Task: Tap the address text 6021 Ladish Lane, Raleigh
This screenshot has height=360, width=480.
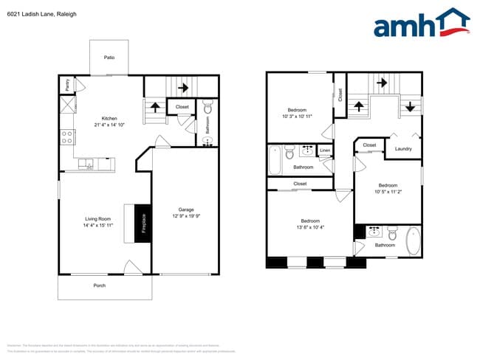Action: pos(41,14)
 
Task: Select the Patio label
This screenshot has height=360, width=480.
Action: pos(109,58)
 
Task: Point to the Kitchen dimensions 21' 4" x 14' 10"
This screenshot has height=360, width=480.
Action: pos(109,125)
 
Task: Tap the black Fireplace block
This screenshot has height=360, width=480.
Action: pos(143,223)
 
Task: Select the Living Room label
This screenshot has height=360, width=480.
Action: pos(97,218)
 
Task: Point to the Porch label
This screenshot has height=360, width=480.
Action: pos(99,285)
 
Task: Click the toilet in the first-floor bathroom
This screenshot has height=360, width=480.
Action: pos(208,108)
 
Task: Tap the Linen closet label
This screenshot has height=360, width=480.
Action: pos(325,151)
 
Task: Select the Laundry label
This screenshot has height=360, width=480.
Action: pos(403,149)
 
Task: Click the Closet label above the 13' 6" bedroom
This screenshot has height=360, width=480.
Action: pos(300,184)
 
